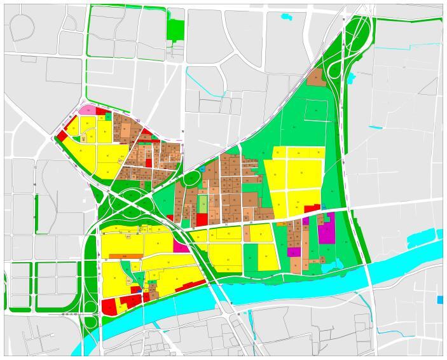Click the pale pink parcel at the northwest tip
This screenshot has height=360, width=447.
click(x=88, y=110)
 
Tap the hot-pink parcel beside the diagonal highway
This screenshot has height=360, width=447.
click(x=181, y=246)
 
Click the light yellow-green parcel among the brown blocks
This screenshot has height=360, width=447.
click(x=202, y=204)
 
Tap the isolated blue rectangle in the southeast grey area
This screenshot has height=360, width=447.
click(x=440, y=300)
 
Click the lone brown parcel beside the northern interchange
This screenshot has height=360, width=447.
click(x=315, y=78)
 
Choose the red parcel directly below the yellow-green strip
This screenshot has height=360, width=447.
click(x=202, y=219)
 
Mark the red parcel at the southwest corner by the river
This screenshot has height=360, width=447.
click(x=109, y=307)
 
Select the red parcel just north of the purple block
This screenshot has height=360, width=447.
click(x=312, y=209)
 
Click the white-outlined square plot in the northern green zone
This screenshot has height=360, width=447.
click(x=316, y=111)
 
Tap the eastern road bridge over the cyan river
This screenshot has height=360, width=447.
click(x=368, y=273)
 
